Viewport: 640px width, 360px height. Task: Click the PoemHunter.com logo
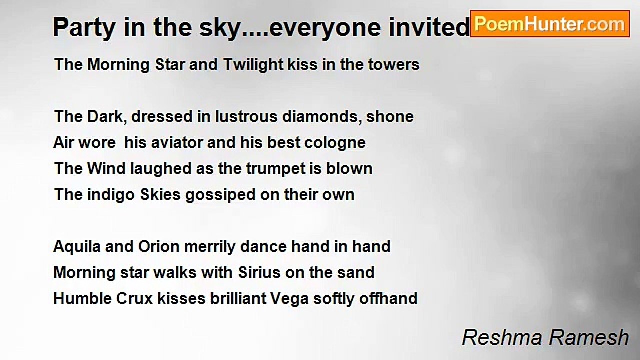point(549,24)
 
